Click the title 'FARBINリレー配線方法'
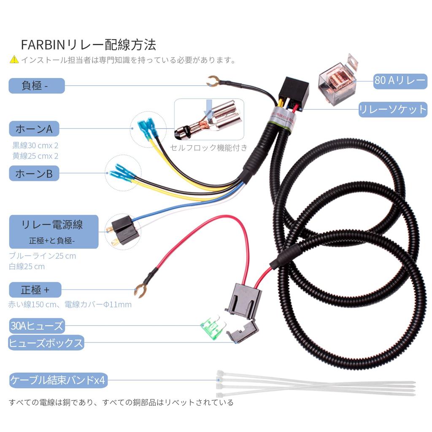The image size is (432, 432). click(88, 45)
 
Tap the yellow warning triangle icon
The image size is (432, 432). click(14, 59)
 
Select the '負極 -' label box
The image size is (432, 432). click(37, 86)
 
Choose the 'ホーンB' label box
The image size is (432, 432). click(34, 173)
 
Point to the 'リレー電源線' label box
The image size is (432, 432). click(54, 231)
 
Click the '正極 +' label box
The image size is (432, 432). click(35, 290)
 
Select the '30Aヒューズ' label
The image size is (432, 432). click(37, 326)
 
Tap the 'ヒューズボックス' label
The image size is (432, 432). click(46, 343)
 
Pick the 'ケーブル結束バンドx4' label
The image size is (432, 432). click(58, 381)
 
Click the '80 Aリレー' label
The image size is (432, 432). click(400, 80)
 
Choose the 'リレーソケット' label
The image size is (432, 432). click(393, 110)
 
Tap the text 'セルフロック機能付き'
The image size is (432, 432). click(209, 148)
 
